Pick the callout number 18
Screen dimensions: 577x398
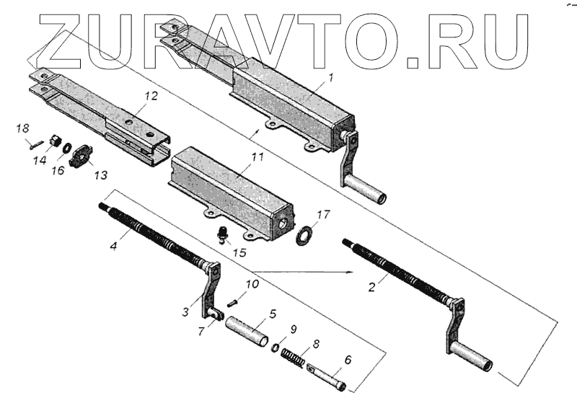click(x=22, y=128)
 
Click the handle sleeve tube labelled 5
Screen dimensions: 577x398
click(x=247, y=331)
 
